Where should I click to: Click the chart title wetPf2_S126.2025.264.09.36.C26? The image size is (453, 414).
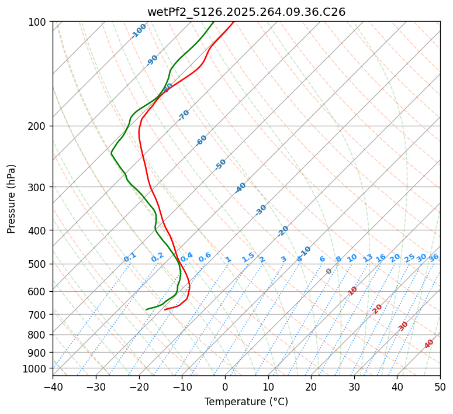pos(246,12)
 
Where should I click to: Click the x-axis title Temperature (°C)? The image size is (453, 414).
pos(246,402)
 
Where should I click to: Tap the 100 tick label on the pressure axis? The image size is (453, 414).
pos(38,22)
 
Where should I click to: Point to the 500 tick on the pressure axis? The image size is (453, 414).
pos(38,264)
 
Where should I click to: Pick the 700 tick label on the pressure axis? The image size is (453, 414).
pos(38,315)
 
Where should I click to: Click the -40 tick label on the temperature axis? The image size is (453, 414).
pos(53,387)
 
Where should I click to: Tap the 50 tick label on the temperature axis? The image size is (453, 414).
pos(440,387)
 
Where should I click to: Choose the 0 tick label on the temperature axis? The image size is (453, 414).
pos(225,387)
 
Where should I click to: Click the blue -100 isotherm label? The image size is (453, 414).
pos(139,31)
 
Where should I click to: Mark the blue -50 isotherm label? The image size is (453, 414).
pos(220,164)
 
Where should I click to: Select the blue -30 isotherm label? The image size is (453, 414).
pos(261,210)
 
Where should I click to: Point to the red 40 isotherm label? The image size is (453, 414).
pos(429,344)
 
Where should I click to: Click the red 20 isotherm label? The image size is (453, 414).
pos(378,308)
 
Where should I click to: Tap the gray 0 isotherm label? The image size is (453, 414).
pos(329,271)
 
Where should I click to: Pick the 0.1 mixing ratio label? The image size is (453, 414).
pos(130,257)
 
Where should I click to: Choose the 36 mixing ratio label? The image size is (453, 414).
pos(434,257)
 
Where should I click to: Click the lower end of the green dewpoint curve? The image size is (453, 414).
pos(147,309)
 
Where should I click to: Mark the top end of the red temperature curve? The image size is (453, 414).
pos(234,22)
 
